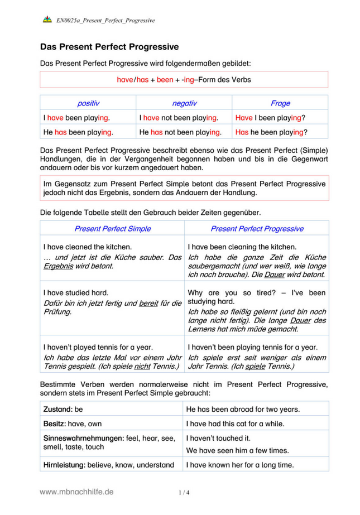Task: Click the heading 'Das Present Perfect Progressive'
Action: click(109, 47)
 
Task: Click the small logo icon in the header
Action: click(47, 20)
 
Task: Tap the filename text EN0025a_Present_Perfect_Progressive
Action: click(105, 21)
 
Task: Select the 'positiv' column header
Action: click(88, 103)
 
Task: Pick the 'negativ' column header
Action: click(184, 103)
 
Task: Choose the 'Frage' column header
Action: click(280, 103)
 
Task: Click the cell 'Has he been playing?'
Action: click(271, 132)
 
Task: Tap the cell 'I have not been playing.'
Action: click(178, 118)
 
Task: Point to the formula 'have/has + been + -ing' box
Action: click(184, 80)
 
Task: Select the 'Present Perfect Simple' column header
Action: click(112, 229)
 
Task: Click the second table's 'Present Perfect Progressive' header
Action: click(257, 229)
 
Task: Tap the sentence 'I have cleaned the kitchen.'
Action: click(88, 247)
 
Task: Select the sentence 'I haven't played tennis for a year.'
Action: click(98, 346)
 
